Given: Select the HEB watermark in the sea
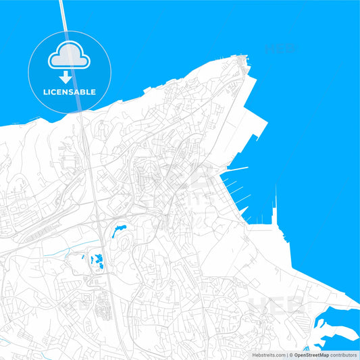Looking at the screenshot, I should pyautogui.click(x=280, y=49).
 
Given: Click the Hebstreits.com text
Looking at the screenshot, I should pyautogui.click(x=269, y=355).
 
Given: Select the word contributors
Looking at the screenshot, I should pyautogui.click(x=344, y=355).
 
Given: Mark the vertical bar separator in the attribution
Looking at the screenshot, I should pyautogui.click(x=286, y=355).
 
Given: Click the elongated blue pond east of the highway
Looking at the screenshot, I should pyautogui.click(x=122, y=230).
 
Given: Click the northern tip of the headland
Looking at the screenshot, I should pyautogui.click(x=242, y=57).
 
